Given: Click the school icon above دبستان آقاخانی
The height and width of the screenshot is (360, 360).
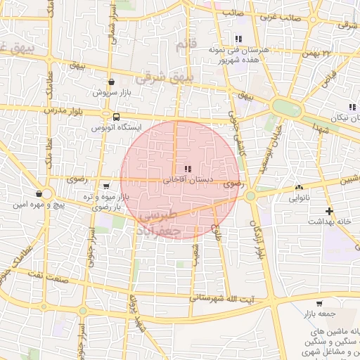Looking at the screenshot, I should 187,169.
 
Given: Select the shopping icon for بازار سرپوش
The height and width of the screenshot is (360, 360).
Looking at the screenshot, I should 112,82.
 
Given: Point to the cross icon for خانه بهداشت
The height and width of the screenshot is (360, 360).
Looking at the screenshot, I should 329,211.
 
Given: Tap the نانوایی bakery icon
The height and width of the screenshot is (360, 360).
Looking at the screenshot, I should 300,188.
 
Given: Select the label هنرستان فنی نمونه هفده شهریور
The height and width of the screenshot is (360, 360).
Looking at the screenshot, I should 238,55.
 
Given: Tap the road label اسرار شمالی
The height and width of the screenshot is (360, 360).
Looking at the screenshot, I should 112,27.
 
